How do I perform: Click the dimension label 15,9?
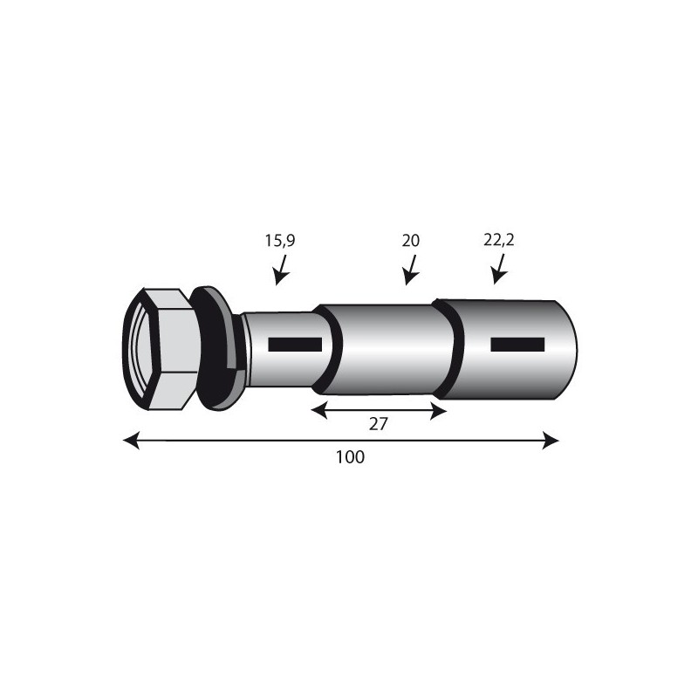280,241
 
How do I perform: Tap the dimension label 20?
410,241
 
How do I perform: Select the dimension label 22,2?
498,241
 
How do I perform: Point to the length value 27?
379,424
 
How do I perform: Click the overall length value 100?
350,457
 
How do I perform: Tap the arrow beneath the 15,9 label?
281,270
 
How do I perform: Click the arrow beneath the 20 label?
411,270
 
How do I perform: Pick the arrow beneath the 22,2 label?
499,269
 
